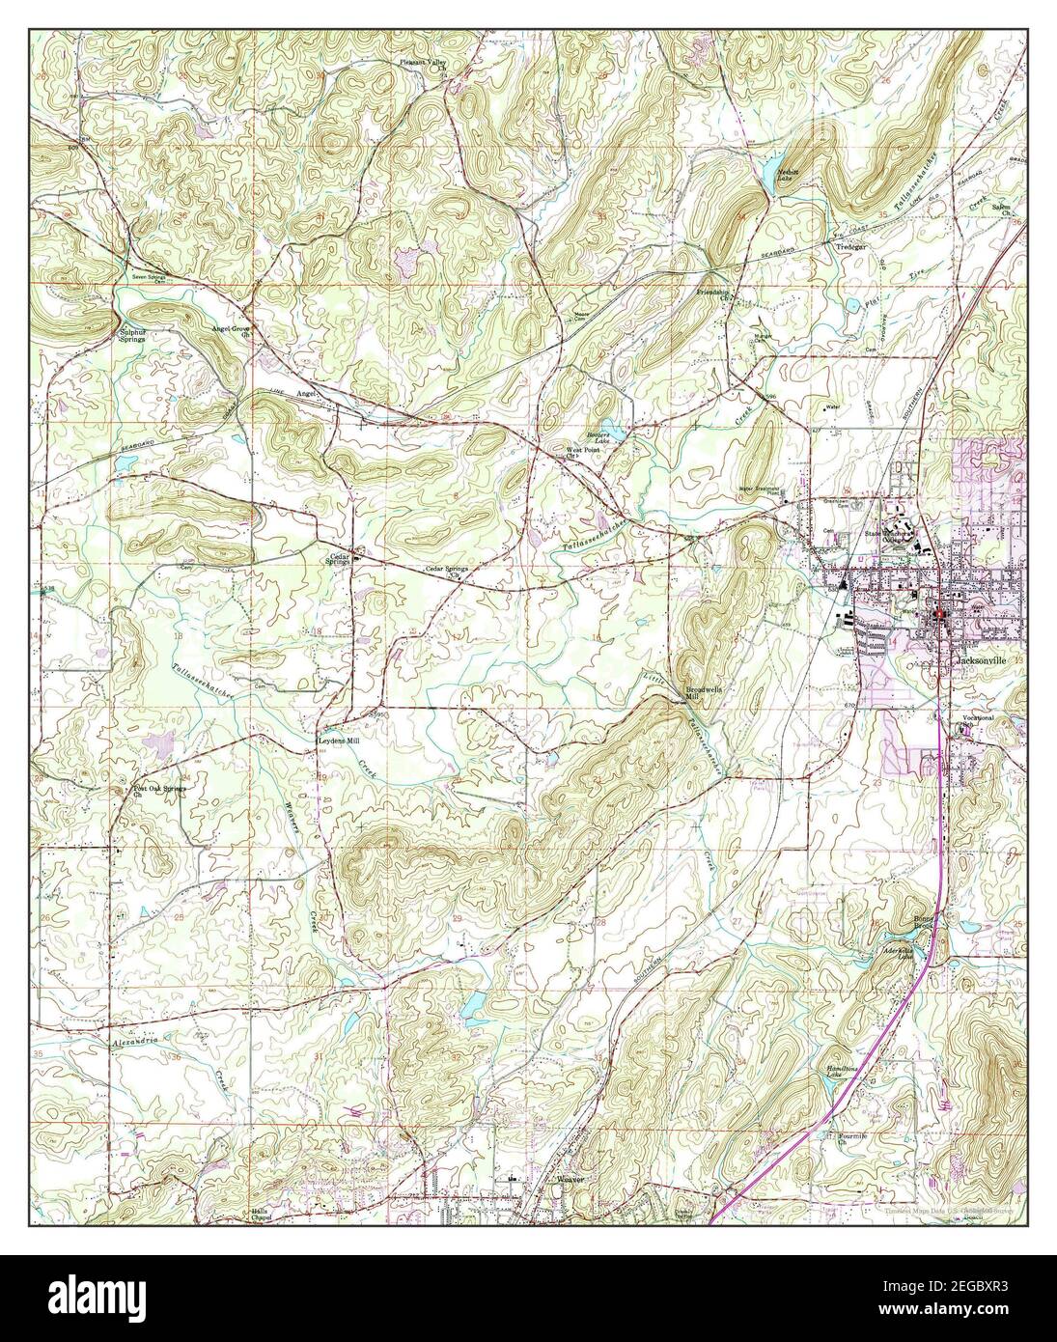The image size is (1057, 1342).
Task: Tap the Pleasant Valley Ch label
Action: click(426, 66)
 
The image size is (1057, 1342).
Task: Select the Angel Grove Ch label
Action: click(232, 330)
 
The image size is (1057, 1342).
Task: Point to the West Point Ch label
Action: click(583, 453)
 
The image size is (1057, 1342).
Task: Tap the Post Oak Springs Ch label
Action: click(158, 791)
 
